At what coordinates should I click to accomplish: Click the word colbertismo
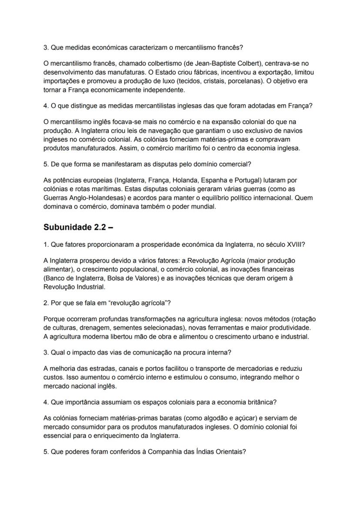click(147, 63)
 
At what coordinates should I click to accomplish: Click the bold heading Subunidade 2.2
click(78, 227)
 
